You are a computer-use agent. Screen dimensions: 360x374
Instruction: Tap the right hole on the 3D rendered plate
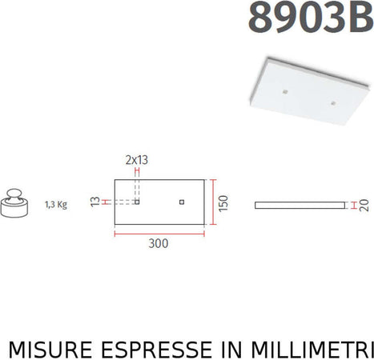332,104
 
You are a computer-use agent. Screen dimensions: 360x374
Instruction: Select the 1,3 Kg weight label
56,204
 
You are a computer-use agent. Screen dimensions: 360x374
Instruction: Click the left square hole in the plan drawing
137,201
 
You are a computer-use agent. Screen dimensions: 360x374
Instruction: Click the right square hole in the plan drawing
182,201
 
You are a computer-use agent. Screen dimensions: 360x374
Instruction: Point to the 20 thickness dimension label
365,205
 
